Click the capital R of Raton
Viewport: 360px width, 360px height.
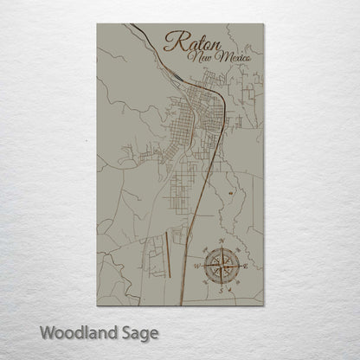pyautogui.click(x=172, y=42)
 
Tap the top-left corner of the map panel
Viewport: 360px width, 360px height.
pyautogui.click(x=97, y=23)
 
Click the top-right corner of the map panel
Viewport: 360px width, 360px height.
pyautogui.click(x=262, y=23)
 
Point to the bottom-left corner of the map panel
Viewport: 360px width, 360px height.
pyautogui.click(x=97, y=305)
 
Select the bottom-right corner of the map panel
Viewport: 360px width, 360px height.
pyautogui.click(x=262, y=305)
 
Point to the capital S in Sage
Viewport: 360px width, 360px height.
pyautogui.click(x=126, y=331)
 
